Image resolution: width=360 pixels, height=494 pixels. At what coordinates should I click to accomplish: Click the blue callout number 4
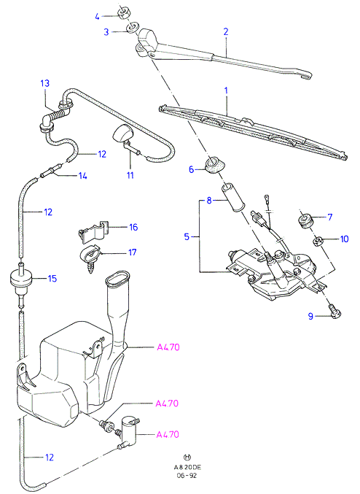tap(97, 16)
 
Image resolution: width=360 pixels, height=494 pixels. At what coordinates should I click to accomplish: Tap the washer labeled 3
tap(133, 27)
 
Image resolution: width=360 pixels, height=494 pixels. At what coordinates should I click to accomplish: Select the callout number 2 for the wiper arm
tap(226, 31)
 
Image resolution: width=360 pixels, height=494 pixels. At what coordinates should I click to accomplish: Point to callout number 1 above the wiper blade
tap(226, 90)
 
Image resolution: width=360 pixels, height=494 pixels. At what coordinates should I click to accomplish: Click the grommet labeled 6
tap(214, 165)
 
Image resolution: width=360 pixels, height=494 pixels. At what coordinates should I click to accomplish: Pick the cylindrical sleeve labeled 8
tap(232, 198)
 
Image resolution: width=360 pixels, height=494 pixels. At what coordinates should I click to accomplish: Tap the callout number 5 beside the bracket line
tap(187, 236)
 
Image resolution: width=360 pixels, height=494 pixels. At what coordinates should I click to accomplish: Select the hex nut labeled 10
tap(317, 242)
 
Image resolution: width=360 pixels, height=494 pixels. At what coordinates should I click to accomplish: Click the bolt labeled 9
tap(334, 310)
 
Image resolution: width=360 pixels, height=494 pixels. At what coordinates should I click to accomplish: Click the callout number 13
tap(45, 83)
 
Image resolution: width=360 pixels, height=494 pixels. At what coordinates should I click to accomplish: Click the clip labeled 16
tap(93, 232)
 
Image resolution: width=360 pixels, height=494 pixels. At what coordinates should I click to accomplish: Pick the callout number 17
tap(133, 252)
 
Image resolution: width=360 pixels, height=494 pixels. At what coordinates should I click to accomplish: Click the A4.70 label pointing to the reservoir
tap(168, 347)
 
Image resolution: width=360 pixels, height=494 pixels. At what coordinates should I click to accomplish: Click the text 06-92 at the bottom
tap(187, 476)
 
